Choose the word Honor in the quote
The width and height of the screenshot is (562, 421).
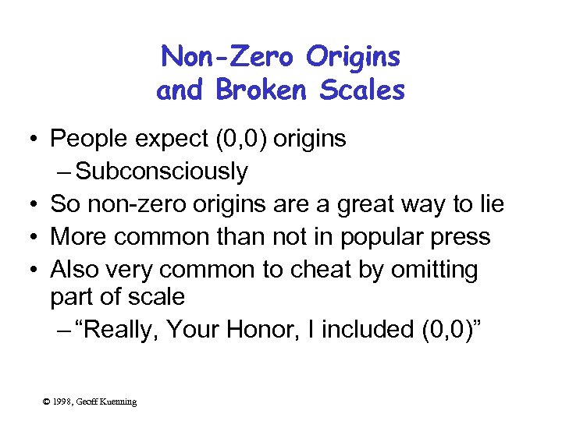[x=265, y=330]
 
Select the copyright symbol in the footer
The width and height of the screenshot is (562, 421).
[x=47, y=402]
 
